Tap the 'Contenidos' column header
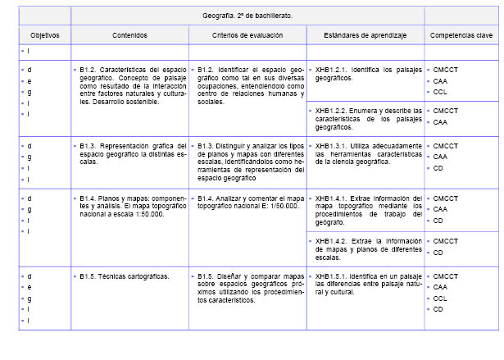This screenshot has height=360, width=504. tap(130, 36)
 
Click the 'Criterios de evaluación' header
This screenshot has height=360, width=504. tap(247, 36)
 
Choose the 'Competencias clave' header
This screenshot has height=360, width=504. tap(460, 36)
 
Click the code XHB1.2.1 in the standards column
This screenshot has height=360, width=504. tap(332, 70)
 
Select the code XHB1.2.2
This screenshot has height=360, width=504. tap(332, 110)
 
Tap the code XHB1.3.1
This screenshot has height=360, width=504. tap(332, 146)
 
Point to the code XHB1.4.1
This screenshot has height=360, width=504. tap(332, 198)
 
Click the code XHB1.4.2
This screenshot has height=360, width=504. tap(332, 240)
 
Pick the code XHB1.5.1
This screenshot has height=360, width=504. tap(332, 276)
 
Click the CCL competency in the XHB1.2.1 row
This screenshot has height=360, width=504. tap(440, 92)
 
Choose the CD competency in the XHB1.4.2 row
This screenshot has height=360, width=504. tap(438, 253)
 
